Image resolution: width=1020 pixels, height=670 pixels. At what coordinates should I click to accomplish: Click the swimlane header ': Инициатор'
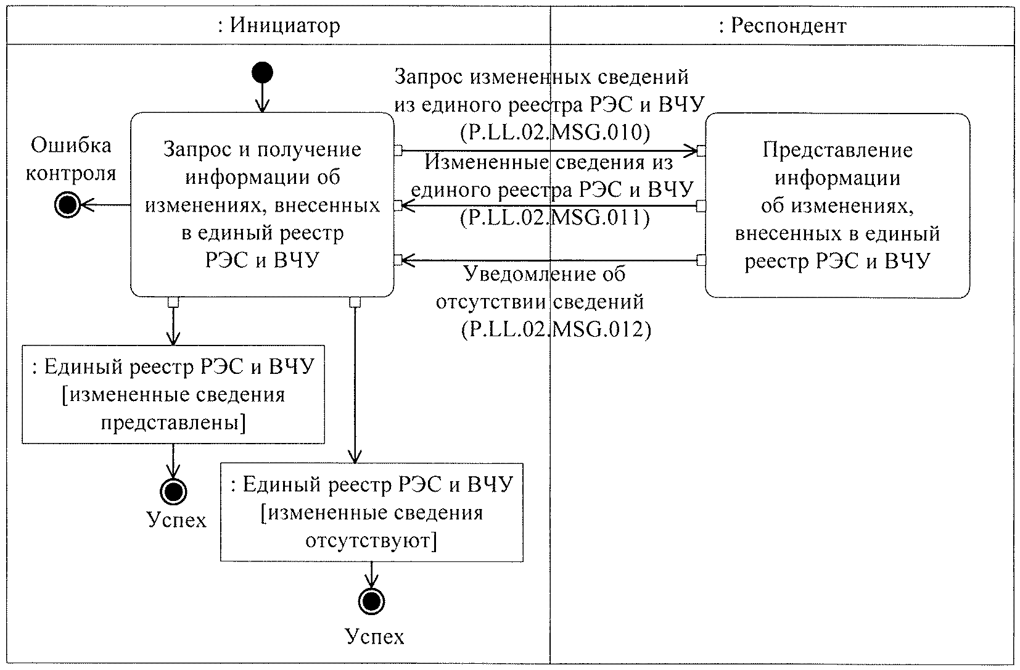click(x=279, y=26)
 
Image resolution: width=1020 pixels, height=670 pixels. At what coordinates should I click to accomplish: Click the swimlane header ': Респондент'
click(x=783, y=26)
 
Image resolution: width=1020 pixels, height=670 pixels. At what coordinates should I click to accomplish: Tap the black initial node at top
click(x=262, y=73)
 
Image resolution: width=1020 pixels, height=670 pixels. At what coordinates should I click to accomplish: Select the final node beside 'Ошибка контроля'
click(x=68, y=205)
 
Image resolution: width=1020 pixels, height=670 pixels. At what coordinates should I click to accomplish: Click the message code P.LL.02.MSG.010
click(x=554, y=132)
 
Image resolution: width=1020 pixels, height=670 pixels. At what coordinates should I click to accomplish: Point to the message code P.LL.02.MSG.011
click(x=554, y=217)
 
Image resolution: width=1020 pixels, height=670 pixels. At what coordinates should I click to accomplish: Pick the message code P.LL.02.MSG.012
click(x=556, y=329)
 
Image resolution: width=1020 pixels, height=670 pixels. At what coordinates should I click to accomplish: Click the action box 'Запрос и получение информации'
click(x=262, y=205)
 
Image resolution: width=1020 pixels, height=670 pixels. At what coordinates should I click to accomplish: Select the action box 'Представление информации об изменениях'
click(x=837, y=205)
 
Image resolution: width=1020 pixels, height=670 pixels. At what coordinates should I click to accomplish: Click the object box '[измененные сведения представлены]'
click(x=173, y=395)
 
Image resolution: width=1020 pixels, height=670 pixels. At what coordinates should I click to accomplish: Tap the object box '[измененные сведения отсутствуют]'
click(x=372, y=513)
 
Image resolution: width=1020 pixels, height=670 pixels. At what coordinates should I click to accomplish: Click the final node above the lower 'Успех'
click(x=371, y=601)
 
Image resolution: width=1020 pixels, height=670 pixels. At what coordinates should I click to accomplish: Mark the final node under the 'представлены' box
click(x=173, y=492)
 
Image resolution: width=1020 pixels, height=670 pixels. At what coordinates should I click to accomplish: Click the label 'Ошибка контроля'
click(x=72, y=159)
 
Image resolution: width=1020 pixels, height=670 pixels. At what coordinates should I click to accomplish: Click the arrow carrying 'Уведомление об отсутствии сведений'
click(x=549, y=260)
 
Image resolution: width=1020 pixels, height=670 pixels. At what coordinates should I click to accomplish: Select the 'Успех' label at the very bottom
click(x=375, y=636)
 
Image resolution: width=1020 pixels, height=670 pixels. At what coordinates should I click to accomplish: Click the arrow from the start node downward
click(x=262, y=97)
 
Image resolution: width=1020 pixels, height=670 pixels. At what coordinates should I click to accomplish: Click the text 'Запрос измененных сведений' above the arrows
click(x=541, y=77)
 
